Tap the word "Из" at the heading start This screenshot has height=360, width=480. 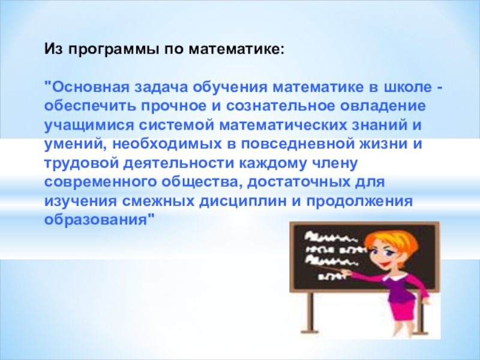click(x=54, y=49)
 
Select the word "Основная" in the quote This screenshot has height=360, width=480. click(x=91, y=87)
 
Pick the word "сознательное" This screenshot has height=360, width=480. click(x=280, y=107)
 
